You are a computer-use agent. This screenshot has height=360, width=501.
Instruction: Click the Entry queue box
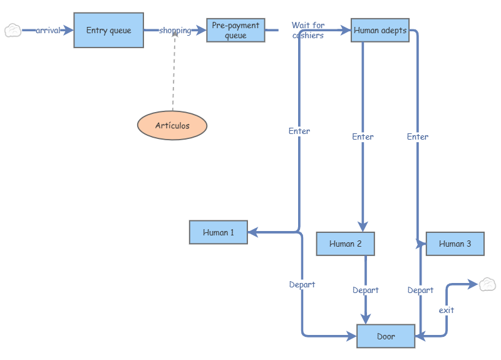coord(108,30)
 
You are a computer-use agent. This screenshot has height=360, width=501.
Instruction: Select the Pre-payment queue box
coord(235,31)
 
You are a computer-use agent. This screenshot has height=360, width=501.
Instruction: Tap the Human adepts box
coord(380,30)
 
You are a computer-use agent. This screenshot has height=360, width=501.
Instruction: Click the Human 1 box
coord(219,232)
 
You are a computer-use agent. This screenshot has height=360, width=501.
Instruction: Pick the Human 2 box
coord(345,244)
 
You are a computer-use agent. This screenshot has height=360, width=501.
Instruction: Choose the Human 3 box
coord(455,244)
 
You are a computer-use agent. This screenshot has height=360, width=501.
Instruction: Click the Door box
coord(386,336)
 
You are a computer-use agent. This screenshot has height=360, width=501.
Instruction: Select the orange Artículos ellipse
coord(172,125)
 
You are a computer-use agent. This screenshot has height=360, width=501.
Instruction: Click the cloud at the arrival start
coord(13,30)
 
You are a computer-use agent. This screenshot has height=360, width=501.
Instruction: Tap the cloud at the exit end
coord(487,285)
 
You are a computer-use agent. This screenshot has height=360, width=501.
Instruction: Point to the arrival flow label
coord(48,30)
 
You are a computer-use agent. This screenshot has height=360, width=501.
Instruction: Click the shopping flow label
coord(175,30)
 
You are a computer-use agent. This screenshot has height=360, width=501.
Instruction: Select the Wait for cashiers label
coord(308,30)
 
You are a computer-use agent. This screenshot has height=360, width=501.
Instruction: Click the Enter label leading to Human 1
coord(299,131)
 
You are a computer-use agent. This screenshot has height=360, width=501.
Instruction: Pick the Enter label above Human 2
coord(363,136)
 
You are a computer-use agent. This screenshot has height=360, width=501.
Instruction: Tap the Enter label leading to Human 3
coord(418,136)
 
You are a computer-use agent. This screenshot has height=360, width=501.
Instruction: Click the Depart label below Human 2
coord(365,290)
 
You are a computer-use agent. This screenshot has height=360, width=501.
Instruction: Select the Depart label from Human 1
coord(302,284)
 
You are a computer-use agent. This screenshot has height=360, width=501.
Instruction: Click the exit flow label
coord(447,310)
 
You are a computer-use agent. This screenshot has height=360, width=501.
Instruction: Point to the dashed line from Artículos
coord(173,75)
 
